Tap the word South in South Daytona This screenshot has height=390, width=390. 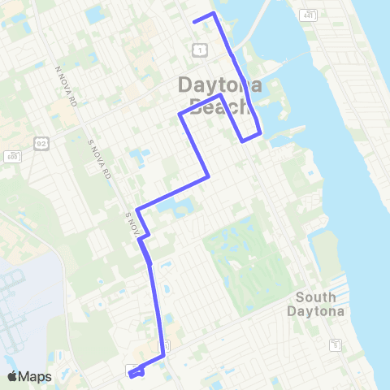tap(316, 297)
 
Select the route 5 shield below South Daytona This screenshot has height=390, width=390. tap(334, 346)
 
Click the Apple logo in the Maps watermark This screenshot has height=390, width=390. tap(13, 376)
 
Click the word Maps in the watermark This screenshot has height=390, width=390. tap(36, 376)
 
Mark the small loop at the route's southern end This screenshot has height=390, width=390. tap(135, 372)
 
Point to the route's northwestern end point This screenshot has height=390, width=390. tap(193, 21)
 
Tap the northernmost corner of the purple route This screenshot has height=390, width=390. tap(213, 14)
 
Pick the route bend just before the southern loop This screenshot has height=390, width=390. tap(164, 356)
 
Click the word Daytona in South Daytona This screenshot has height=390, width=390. tap(316, 311)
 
